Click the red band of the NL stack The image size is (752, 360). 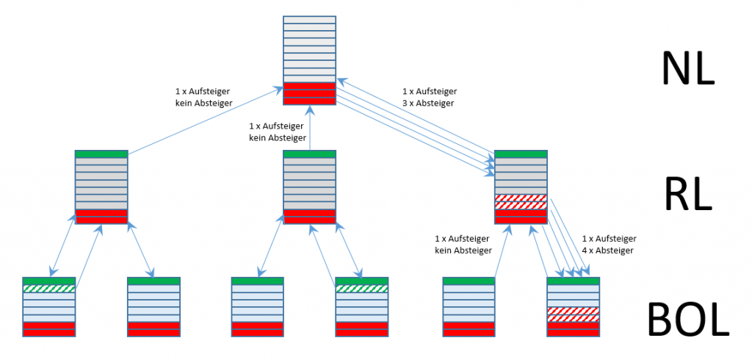309,93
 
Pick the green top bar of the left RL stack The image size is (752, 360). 101,154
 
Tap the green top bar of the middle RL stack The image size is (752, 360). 309,154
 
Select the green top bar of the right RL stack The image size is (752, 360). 521,154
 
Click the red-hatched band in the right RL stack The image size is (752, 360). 521,201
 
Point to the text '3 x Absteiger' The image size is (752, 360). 429,104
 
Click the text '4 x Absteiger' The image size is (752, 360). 608,251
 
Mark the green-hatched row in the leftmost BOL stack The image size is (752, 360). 49,289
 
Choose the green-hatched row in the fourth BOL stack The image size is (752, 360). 361,289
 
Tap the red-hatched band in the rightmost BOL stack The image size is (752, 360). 574,314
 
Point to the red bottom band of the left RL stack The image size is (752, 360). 101,216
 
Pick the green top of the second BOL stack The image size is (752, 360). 153,281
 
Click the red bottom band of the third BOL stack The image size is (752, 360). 257,328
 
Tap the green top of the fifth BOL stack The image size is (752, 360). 469,281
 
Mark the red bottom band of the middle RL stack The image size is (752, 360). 309,216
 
